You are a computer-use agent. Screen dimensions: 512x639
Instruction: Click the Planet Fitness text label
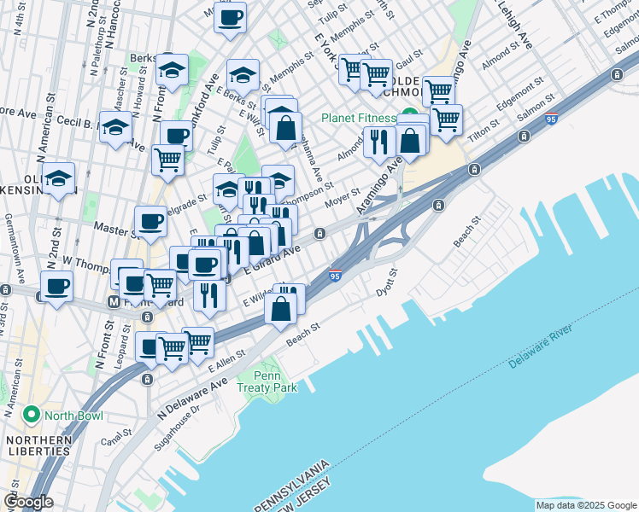pyautogui.click(x=359, y=118)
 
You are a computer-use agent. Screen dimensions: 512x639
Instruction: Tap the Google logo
pyautogui.click(x=29, y=502)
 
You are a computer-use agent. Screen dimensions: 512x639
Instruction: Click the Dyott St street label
pyautogui.click(x=388, y=283)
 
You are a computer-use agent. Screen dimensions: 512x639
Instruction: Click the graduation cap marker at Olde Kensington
pyautogui.click(x=59, y=178)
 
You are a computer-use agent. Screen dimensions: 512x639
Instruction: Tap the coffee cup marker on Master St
pyautogui.click(x=151, y=222)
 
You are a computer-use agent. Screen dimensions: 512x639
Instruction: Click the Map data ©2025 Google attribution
pyautogui.click(x=585, y=505)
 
